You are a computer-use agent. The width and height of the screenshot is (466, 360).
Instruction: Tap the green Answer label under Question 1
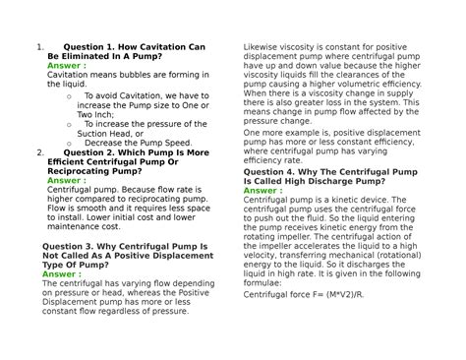click(66, 66)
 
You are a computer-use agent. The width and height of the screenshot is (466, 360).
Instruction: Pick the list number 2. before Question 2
click(37, 152)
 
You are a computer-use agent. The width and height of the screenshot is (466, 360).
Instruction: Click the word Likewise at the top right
click(262, 45)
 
